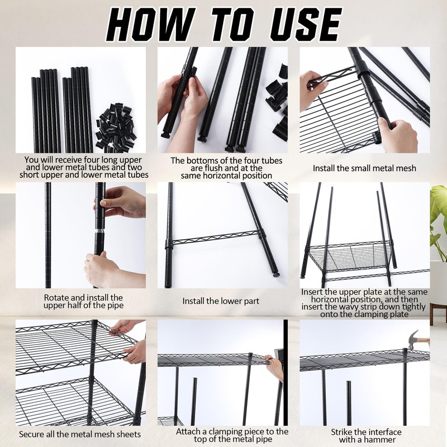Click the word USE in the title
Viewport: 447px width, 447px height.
pyautogui.click(x=306, y=24)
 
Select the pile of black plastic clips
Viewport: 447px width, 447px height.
pyautogui.click(x=115, y=128)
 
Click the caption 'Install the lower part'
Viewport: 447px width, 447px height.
pyautogui.click(x=221, y=301)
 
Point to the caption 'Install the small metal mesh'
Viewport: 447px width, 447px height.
pyautogui.click(x=364, y=168)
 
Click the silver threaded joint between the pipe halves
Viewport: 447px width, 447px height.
pyautogui.click(x=99, y=230)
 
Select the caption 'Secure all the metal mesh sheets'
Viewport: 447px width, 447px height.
pyautogui.click(x=80, y=434)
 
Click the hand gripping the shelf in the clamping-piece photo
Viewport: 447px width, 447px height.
pyautogui.click(x=274, y=367)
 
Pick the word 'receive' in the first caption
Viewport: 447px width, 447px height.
pyautogui.click(x=83, y=160)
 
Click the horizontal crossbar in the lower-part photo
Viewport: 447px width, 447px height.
pyautogui.click(x=217, y=239)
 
